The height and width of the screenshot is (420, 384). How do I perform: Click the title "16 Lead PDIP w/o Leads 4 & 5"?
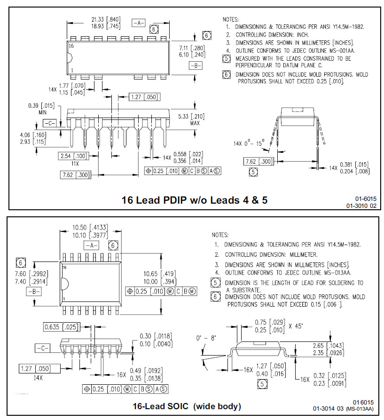(x=194, y=200)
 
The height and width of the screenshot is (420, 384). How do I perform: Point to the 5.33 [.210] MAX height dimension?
(x=184, y=116)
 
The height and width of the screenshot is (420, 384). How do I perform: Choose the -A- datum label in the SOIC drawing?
(x=91, y=245)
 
